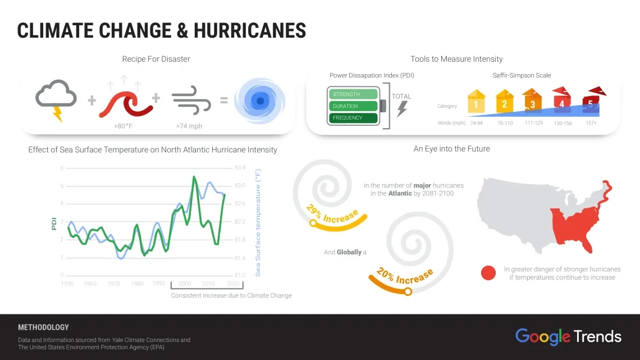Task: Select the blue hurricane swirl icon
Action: (x=259, y=101)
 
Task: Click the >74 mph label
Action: (x=189, y=126)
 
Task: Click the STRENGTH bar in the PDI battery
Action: (x=353, y=94)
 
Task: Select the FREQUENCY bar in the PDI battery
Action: (x=353, y=118)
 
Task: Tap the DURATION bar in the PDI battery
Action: (x=353, y=106)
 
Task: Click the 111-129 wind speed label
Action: (x=533, y=123)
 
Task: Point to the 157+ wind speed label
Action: (x=591, y=123)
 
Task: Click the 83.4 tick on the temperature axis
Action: (x=240, y=168)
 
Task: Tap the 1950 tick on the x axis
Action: (x=67, y=284)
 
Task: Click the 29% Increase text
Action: (x=332, y=213)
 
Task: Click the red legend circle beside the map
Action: (x=488, y=273)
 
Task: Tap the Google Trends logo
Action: (x=568, y=337)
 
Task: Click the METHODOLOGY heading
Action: (x=43, y=327)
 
